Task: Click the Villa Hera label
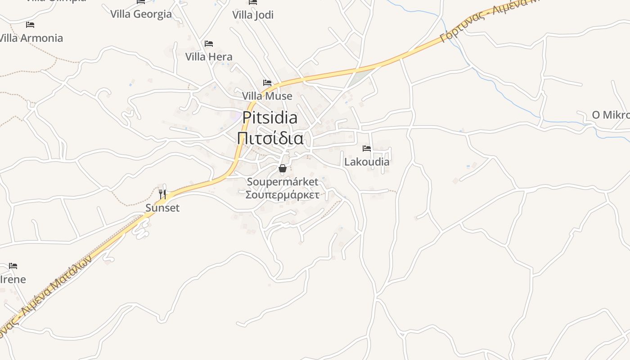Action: pyautogui.click(x=209, y=57)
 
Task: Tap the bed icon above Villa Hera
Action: pyautogui.click(x=209, y=44)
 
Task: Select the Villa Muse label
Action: pyautogui.click(x=267, y=96)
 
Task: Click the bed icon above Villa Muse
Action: pyautogui.click(x=267, y=83)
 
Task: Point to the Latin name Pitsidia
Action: pyautogui.click(x=270, y=118)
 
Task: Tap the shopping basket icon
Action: pyautogui.click(x=283, y=169)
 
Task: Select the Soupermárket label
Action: pyautogui.click(x=283, y=182)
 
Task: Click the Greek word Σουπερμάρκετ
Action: pyautogui.click(x=283, y=195)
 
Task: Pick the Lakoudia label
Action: pyautogui.click(x=367, y=162)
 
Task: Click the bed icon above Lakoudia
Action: pyautogui.click(x=367, y=148)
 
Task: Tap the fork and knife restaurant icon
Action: pyautogui.click(x=162, y=194)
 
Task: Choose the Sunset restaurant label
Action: pyautogui.click(x=162, y=208)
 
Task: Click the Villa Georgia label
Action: pyautogui.click(x=141, y=14)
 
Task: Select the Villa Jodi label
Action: pyautogui.click(x=253, y=15)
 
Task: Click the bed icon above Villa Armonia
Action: pyautogui.click(x=30, y=24)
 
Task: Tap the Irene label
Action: pyautogui.click(x=13, y=279)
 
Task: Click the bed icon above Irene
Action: pyautogui.click(x=13, y=266)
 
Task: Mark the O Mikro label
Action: pyautogui.click(x=611, y=115)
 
